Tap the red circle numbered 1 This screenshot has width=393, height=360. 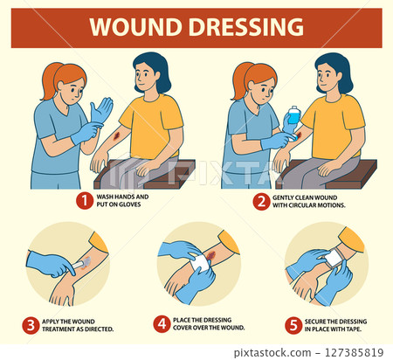83,202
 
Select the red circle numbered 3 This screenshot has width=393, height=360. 30,324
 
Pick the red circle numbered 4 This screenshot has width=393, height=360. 162,324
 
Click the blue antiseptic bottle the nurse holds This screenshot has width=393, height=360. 293,116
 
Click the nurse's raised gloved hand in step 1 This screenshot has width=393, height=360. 101,111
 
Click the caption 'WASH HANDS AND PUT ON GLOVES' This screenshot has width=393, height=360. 122,202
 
